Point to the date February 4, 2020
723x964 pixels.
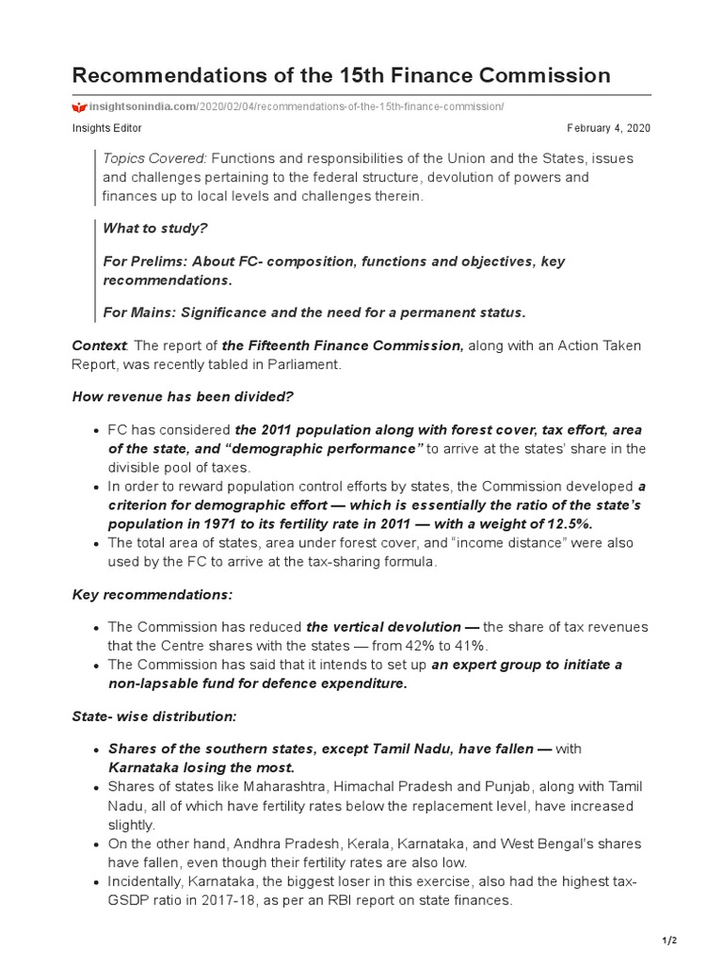point(608,128)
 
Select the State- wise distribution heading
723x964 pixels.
point(154,715)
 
